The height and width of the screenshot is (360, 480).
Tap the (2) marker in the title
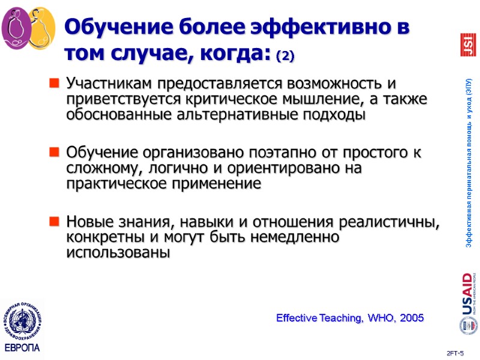pos(285,57)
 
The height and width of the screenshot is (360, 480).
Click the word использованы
pos(118,253)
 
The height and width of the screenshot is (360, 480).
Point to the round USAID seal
pos(467,326)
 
